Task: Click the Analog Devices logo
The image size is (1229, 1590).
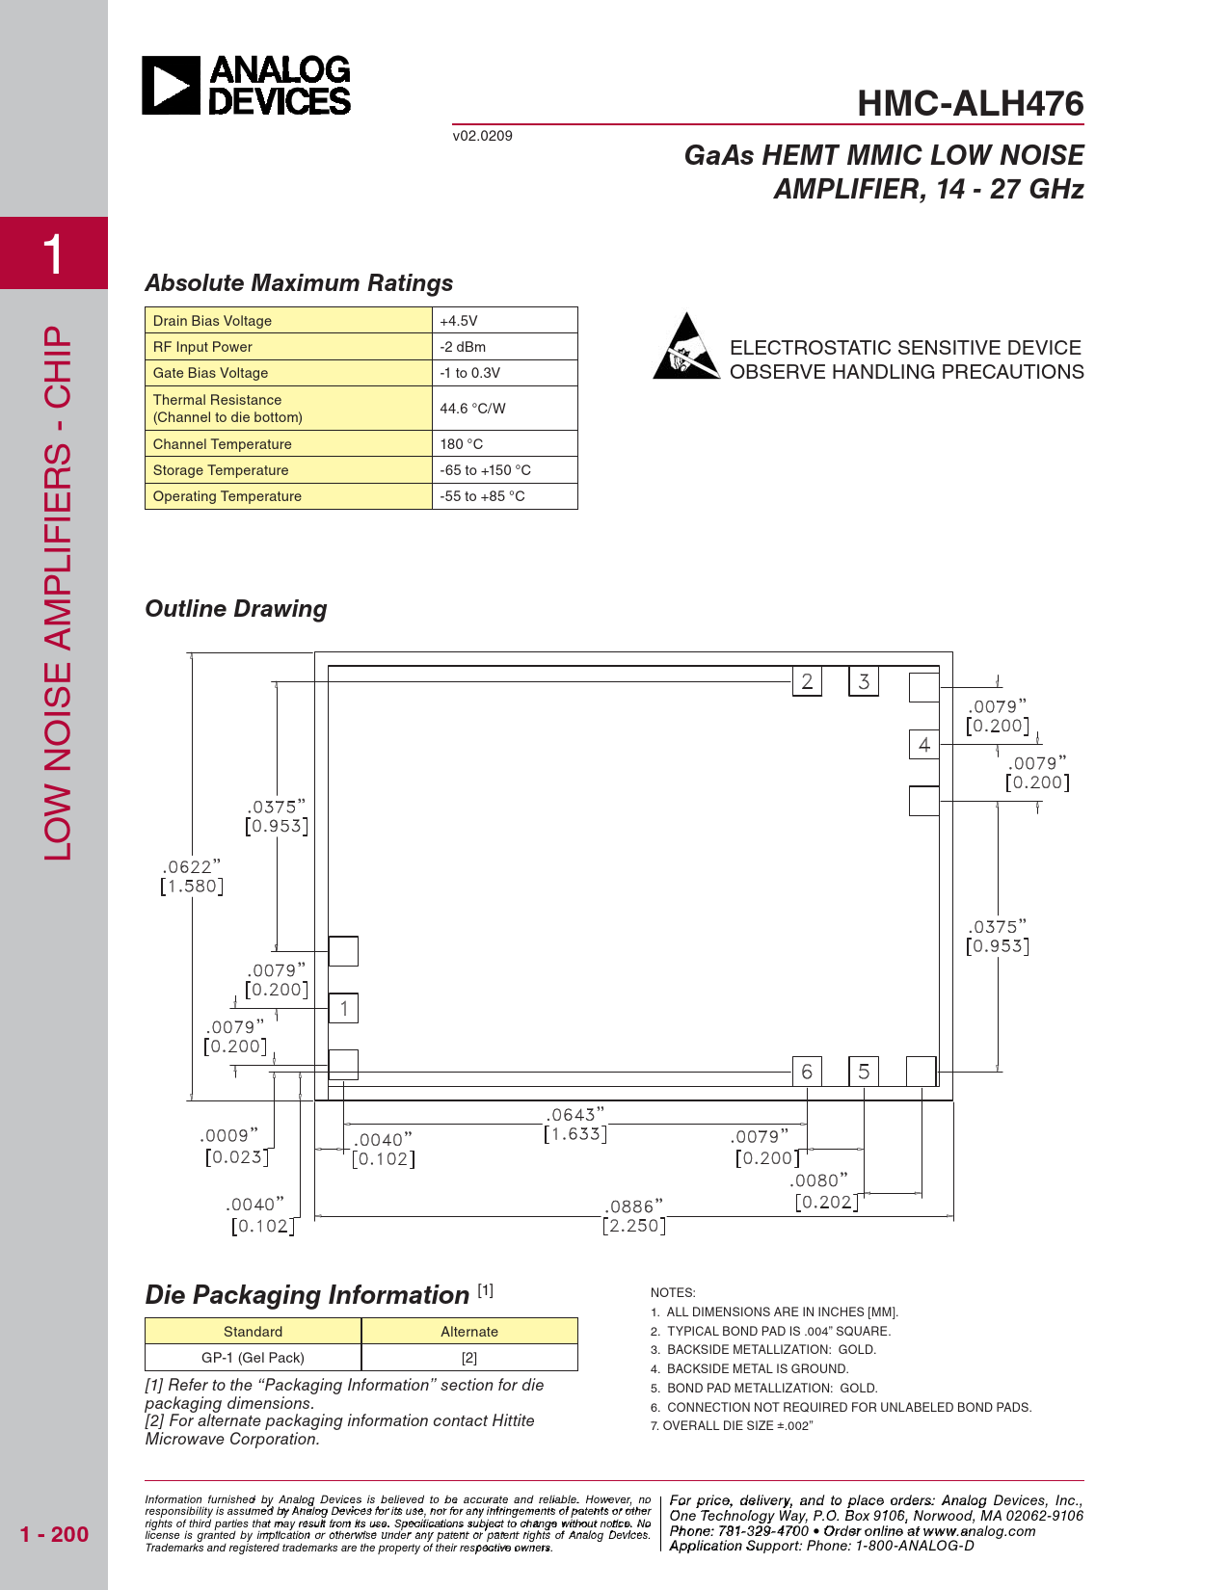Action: pos(247,86)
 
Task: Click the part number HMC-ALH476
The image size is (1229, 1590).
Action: pos(970,104)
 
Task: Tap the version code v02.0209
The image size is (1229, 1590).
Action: pos(483,136)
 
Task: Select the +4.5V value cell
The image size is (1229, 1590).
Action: pos(504,321)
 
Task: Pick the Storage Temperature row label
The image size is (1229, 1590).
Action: pos(221,470)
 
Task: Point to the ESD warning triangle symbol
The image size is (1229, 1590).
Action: pos(685,347)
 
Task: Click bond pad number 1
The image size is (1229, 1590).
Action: pos(344,1009)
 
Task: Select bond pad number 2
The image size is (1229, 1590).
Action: pos(807,682)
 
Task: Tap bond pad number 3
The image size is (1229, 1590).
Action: pos(864,682)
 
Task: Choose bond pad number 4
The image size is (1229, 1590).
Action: pos(923,745)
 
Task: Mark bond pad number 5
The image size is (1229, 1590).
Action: pos(864,1072)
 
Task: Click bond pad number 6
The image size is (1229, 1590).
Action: pos(807,1072)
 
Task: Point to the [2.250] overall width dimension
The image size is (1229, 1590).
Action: pos(634,1226)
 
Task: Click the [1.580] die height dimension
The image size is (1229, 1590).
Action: pos(192,887)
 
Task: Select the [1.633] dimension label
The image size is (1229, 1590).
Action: pos(575,1134)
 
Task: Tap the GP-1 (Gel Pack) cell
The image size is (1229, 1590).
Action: pos(253,1358)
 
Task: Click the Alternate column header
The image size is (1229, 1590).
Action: pos(469,1332)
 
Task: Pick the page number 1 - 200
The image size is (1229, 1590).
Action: pos(54,1534)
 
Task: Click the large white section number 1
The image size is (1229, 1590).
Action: pos(54,254)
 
